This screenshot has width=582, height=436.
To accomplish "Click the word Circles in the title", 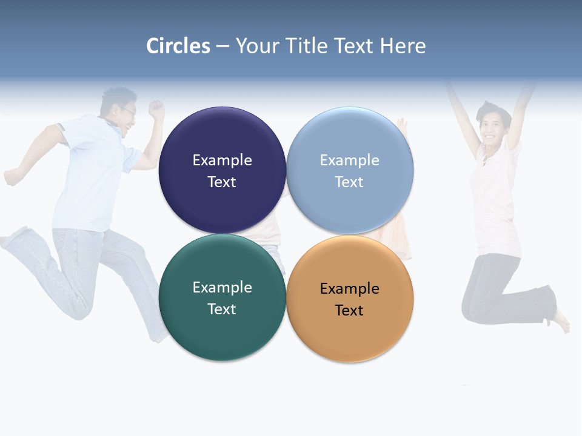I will click(x=178, y=46).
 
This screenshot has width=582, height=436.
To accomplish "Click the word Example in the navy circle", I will click(x=222, y=160).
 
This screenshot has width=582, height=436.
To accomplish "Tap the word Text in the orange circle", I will click(x=349, y=310).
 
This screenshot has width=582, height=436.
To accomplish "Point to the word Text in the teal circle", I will click(x=222, y=309).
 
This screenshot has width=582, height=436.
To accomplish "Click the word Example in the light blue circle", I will click(x=349, y=160).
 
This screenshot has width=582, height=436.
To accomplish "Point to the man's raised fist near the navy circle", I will click(x=157, y=109).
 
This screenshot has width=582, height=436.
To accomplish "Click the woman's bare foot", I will click(x=562, y=321).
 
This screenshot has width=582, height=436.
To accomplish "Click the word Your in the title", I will click(x=255, y=46).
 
